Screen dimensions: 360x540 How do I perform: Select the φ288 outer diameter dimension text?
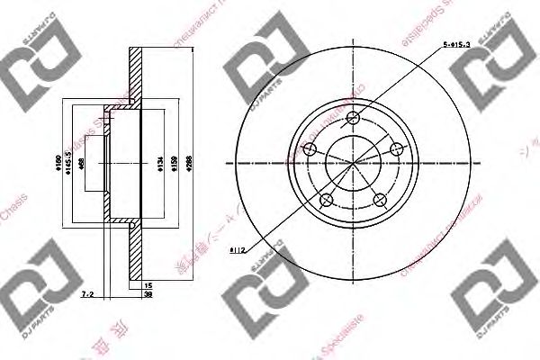pyautogui.click(x=188, y=165)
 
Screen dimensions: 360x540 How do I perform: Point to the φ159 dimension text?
pyautogui.click(x=175, y=165)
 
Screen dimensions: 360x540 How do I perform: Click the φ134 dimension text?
pyautogui.click(x=158, y=165)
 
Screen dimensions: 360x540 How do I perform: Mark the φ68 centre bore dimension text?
pyautogui.click(x=82, y=165)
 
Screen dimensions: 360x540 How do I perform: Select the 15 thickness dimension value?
pyautogui.click(x=148, y=284)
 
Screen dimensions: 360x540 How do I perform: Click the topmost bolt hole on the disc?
pyautogui.click(x=354, y=118)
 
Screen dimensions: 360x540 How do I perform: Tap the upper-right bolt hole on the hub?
pyautogui.click(x=393, y=148)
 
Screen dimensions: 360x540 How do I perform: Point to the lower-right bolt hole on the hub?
pyautogui.click(x=379, y=198)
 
